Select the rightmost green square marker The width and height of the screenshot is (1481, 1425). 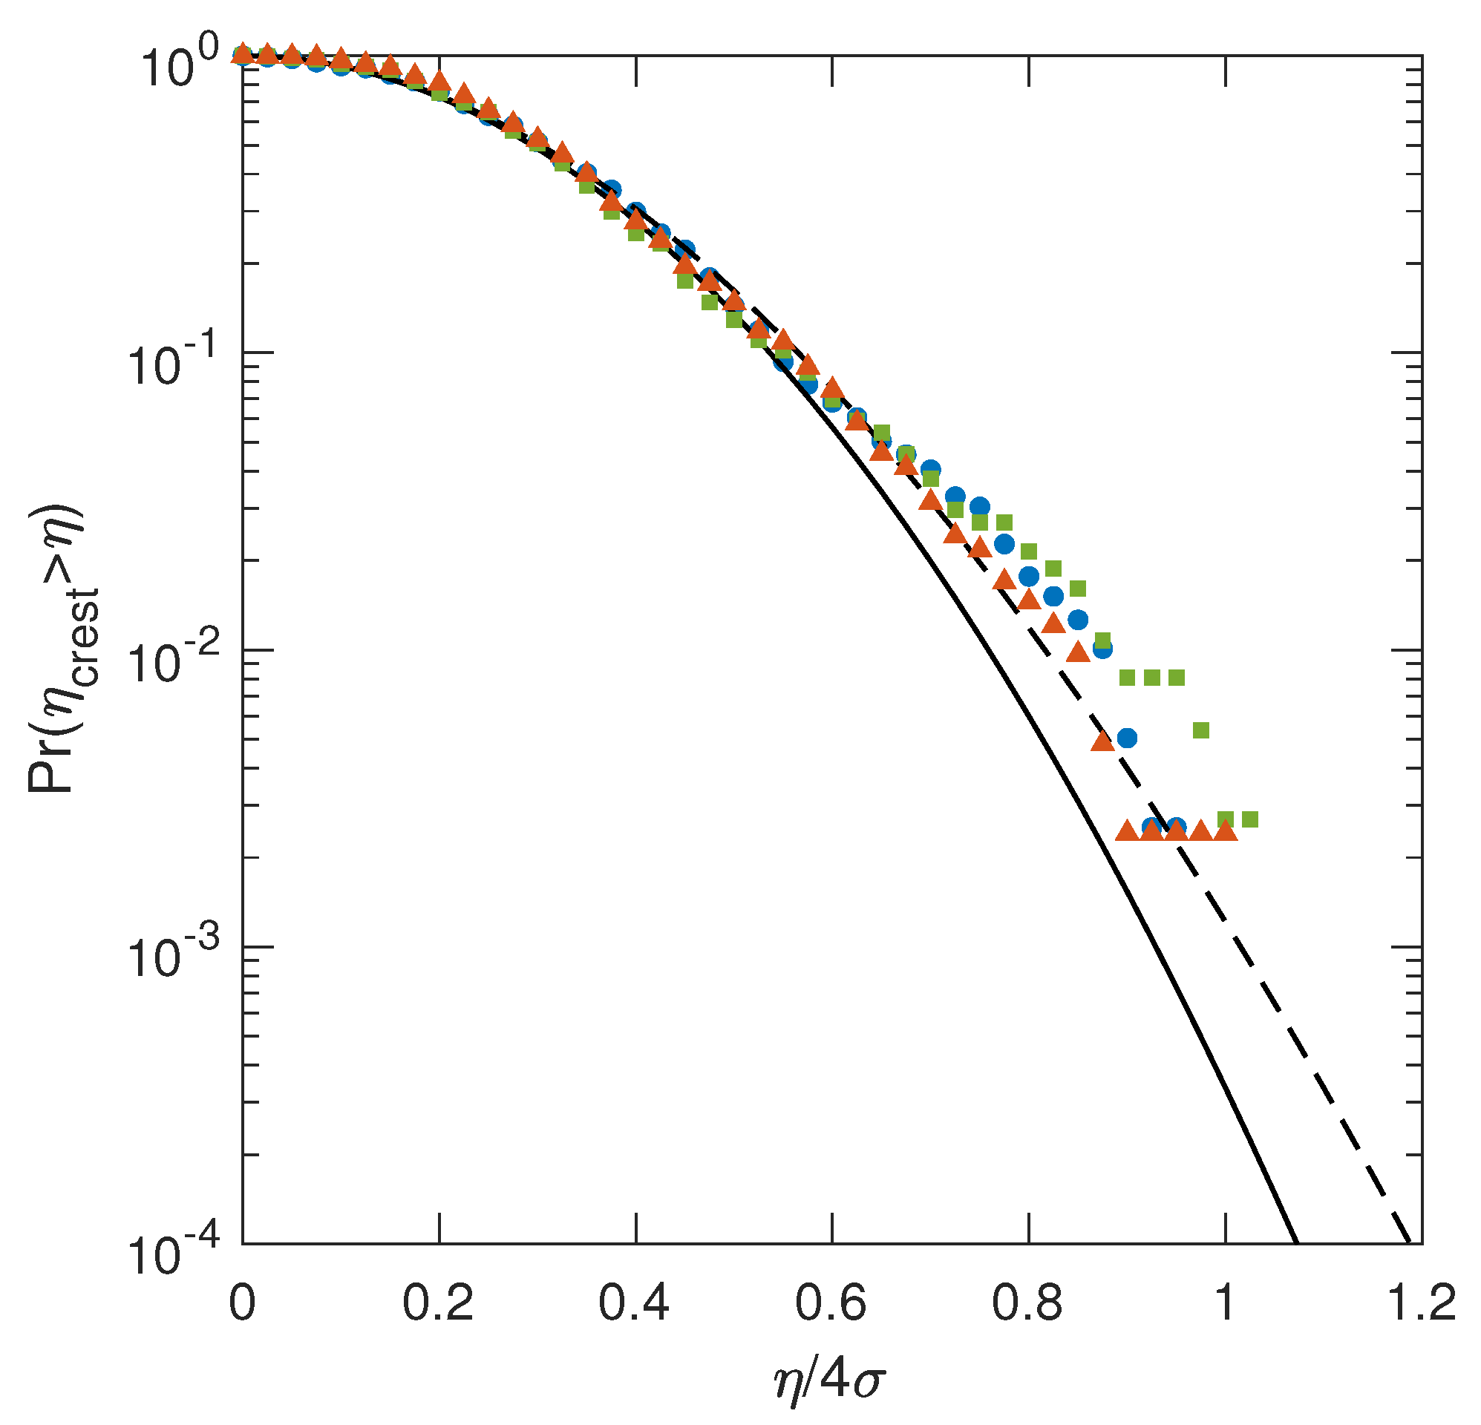tap(1249, 820)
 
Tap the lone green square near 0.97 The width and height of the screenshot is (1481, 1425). tap(1200, 730)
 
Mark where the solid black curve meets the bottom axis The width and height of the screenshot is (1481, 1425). tap(1297, 1243)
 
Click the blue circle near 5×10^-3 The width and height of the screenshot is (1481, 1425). tap(1127, 738)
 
